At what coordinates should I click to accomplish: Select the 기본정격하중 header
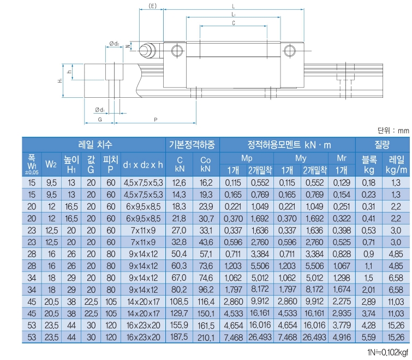pos(192,145)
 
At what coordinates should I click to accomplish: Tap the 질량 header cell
pos(382,145)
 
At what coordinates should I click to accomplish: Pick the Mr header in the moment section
pos(342,158)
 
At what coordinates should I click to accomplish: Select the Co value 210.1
pos(206,339)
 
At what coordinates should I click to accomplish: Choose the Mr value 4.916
pos(342,339)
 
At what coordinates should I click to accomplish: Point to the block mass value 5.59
pos(369,339)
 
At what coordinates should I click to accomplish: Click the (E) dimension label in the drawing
pos(153,6)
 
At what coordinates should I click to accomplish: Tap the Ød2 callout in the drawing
pos(114,43)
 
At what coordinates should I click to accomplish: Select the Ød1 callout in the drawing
pos(99,109)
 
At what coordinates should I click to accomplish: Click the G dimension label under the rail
pos(100,119)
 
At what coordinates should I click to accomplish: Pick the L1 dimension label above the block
pos(234,14)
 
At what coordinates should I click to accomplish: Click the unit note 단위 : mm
pos(392,130)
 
